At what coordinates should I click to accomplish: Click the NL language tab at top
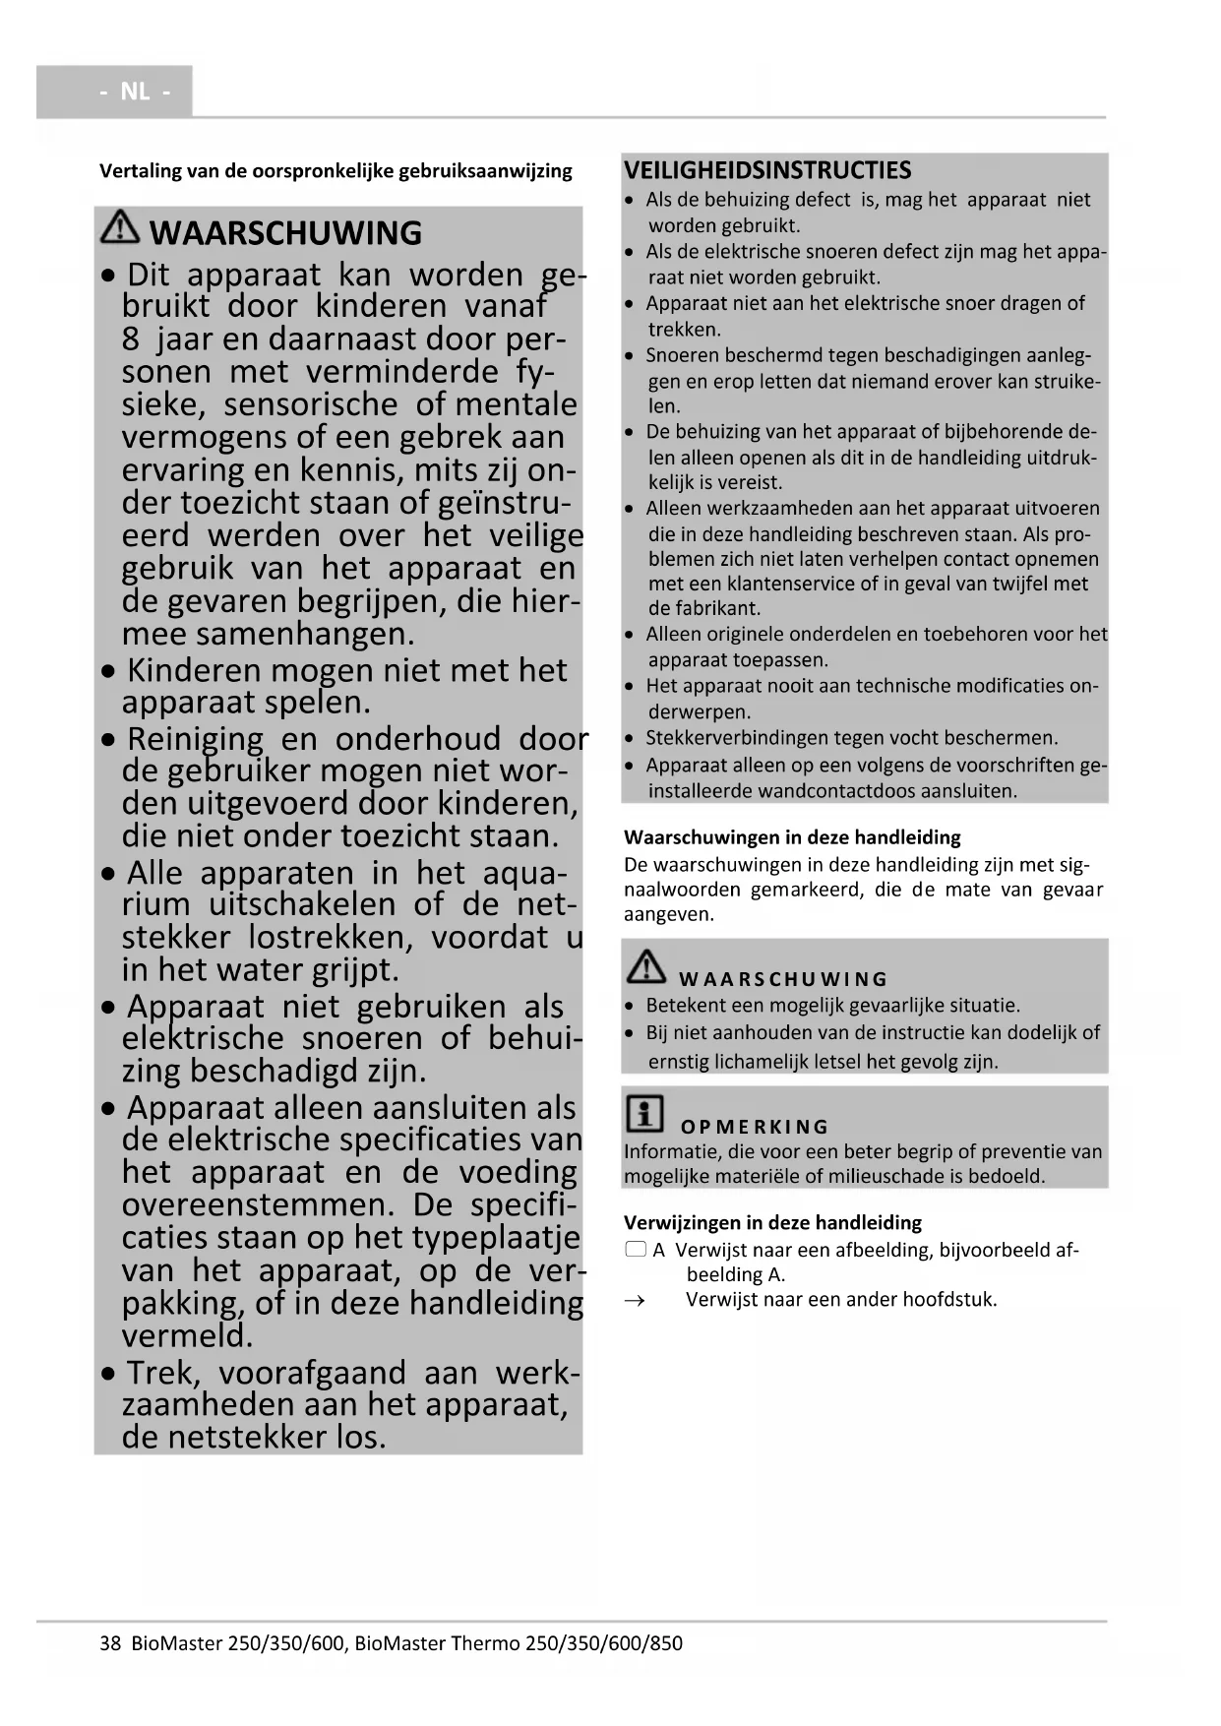pos(135,92)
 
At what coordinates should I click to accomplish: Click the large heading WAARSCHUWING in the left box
pos(285,233)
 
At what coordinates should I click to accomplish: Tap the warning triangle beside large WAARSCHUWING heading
pos(120,228)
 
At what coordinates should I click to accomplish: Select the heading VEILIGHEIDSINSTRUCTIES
pos(767,170)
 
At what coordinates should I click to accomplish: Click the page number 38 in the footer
pos(110,1642)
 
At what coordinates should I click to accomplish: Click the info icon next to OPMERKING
pos(644,1113)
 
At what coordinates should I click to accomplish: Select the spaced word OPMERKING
pos(755,1127)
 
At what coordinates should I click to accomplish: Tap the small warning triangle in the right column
pos(645,967)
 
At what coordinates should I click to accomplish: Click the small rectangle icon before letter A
pos(636,1250)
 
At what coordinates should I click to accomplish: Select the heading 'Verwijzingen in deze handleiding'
pos(772,1222)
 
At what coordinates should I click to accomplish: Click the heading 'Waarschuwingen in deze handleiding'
pos(792,837)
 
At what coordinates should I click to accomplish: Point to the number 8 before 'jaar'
pos(131,339)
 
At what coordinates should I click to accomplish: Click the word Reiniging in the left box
pos(195,738)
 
